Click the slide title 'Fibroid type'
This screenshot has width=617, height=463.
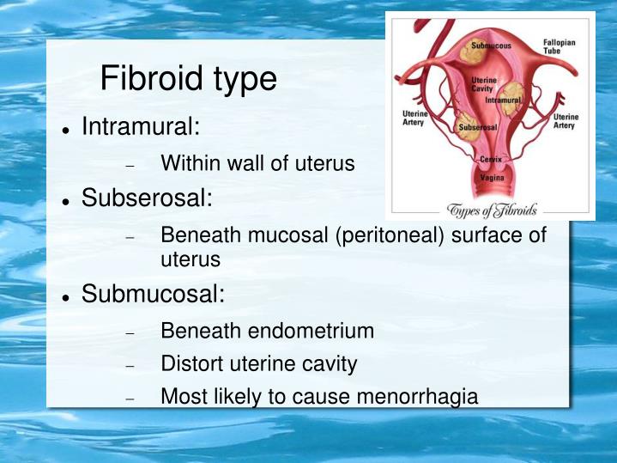pos(188,79)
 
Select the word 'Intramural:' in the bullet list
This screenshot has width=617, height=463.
pos(141,128)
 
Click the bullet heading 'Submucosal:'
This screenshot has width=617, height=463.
pos(153,295)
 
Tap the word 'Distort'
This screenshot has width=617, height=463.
pos(191,364)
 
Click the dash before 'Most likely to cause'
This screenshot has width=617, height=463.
pos(130,399)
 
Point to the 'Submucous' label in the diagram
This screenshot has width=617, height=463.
pos(490,44)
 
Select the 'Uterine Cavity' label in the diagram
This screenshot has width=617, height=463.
pos(483,83)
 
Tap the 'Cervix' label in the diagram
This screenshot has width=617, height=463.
pos(491,160)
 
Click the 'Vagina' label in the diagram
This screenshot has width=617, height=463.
pos(492,178)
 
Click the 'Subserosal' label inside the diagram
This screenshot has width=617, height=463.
pos(479,127)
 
